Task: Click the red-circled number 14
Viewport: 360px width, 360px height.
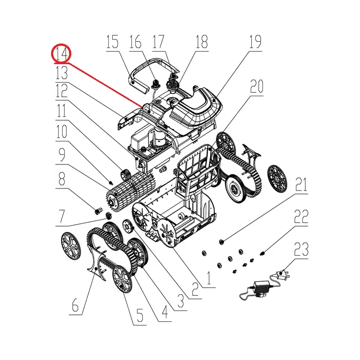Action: [61, 54]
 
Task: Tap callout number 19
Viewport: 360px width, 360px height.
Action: [255, 42]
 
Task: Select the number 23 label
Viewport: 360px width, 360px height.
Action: [301, 250]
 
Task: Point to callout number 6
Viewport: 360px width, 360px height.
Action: [75, 305]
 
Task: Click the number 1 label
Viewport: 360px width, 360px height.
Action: [209, 278]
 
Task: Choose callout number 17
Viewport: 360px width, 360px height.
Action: [158, 42]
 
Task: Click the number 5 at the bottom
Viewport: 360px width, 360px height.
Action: [140, 315]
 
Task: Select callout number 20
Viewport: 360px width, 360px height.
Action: [256, 87]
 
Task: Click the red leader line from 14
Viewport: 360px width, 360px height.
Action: [105, 85]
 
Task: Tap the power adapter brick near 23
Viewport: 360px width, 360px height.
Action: [262, 286]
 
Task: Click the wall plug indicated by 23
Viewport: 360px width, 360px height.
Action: [283, 275]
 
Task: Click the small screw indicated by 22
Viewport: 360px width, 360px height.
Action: [262, 254]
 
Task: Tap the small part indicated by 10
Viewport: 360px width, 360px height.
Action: [111, 183]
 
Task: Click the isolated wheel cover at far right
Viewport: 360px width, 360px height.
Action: [277, 178]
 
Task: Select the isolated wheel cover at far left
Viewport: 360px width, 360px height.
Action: [71, 245]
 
